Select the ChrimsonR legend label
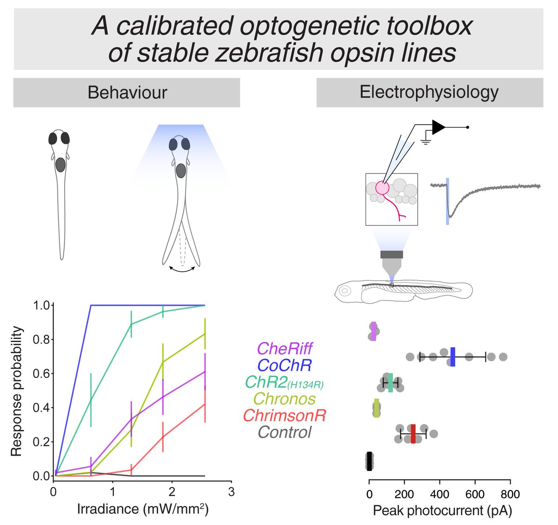point(285,415)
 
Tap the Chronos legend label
point(285,398)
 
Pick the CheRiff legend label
point(285,348)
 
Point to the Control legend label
point(285,432)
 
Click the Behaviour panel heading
point(127,93)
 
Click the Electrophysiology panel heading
point(429,92)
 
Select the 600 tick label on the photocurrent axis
point(475,494)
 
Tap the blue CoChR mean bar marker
point(452,357)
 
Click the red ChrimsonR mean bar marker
point(413,434)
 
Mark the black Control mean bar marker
point(369,461)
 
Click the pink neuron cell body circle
point(382,188)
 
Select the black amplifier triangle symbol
point(438,127)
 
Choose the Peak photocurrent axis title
point(442,511)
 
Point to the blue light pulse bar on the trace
point(447,201)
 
